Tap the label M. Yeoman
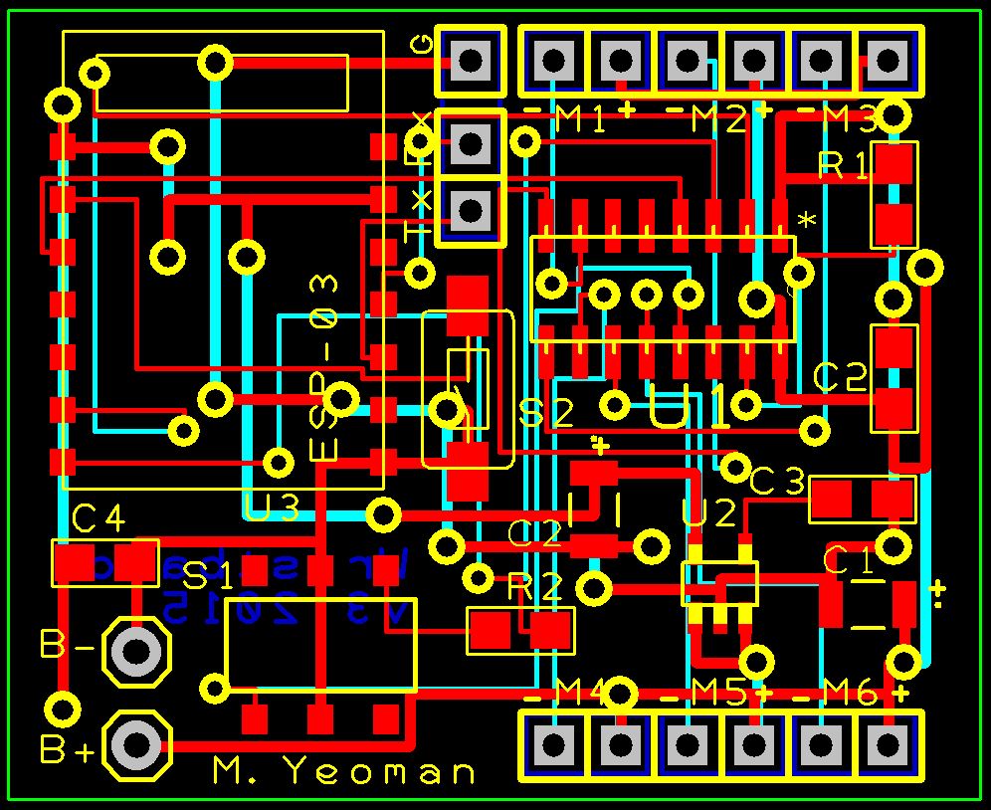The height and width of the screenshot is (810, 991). [x=344, y=771]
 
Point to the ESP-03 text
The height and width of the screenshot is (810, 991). [x=325, y=368]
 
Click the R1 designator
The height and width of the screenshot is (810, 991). [x=843, y=165]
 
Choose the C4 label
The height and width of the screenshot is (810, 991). [x=99, y=518]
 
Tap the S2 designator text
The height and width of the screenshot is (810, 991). [x=548, y=413]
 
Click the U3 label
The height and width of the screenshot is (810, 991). [x=272, y=509]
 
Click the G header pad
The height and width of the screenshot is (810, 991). [x=472, y=61]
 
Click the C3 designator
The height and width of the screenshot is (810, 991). [x=776, y=483]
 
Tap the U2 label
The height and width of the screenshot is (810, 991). [x=709, y=513]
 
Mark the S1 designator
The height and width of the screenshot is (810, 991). [x=209, y=575]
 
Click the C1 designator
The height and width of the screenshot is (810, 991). [x=848, y=562]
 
